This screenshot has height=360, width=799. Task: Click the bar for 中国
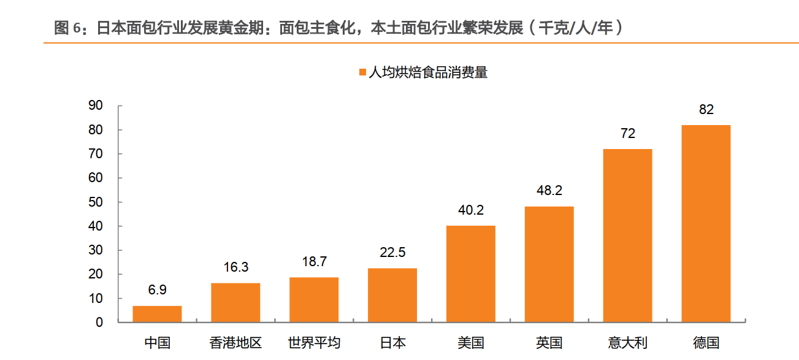(157, 313)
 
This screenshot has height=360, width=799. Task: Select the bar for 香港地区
(235, 302)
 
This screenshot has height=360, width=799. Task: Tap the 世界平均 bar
(314, 299)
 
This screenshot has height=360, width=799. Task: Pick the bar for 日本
(392, 295)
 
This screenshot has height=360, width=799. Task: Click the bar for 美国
(471, 274)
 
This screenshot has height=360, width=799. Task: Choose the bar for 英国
(549, 264)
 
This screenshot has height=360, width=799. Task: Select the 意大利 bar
(628, 236)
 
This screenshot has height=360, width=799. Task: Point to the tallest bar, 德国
(706, 223)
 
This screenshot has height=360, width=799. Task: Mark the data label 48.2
(549, 191)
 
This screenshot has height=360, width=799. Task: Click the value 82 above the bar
(706, 110)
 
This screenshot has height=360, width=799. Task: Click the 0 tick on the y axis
(99, 323)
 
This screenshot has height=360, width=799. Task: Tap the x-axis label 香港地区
(235, 343)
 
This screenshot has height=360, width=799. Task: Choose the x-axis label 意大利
(628, 343)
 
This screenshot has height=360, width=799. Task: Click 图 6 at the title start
(67, 28)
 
